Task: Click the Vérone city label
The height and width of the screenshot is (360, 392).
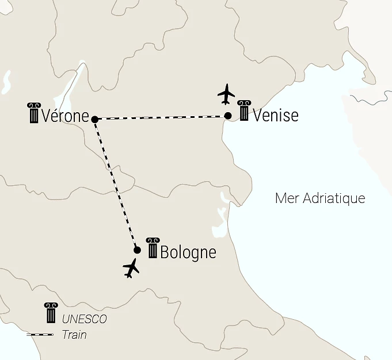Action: (65, 116)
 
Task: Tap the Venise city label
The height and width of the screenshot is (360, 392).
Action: (276, 115)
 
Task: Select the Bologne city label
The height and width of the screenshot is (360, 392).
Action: (188, 252)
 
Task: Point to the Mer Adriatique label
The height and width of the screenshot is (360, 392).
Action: (320, 198)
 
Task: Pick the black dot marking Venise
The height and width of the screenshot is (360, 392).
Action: (228, 116)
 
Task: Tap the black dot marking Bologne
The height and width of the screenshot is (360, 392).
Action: (137, 250)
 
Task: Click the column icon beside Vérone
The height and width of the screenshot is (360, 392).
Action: (33, 113)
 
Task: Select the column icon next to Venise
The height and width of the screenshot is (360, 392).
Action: (244, 111)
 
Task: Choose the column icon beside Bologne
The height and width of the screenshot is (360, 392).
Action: (153, 248)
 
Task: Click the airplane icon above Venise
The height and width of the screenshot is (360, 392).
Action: (227, 94)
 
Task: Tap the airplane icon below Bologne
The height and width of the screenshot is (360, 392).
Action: (132, 268)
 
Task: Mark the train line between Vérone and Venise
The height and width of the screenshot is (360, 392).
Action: (161, 117)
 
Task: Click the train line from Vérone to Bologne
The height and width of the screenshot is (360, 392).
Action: (115, 184)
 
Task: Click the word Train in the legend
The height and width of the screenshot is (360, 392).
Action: (74, 334)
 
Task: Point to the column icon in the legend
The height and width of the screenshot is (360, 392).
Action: (51, 313)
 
